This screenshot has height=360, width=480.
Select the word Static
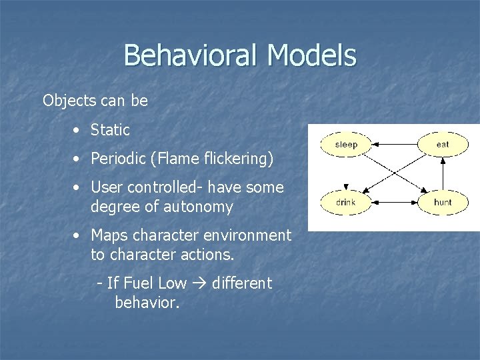110,130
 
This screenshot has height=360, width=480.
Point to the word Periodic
118,159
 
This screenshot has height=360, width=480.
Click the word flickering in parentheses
233,159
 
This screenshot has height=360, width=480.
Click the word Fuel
138,283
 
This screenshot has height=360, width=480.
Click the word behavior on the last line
147,303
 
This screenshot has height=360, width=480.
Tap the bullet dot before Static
78,131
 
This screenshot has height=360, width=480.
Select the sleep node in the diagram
346,144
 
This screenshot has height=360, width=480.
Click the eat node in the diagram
442,144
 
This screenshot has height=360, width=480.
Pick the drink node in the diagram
346,201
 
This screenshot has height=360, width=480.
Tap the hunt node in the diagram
442,201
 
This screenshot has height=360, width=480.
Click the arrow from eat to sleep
394,144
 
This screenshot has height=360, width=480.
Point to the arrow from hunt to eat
443,173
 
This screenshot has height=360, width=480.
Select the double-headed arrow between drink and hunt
394,201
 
